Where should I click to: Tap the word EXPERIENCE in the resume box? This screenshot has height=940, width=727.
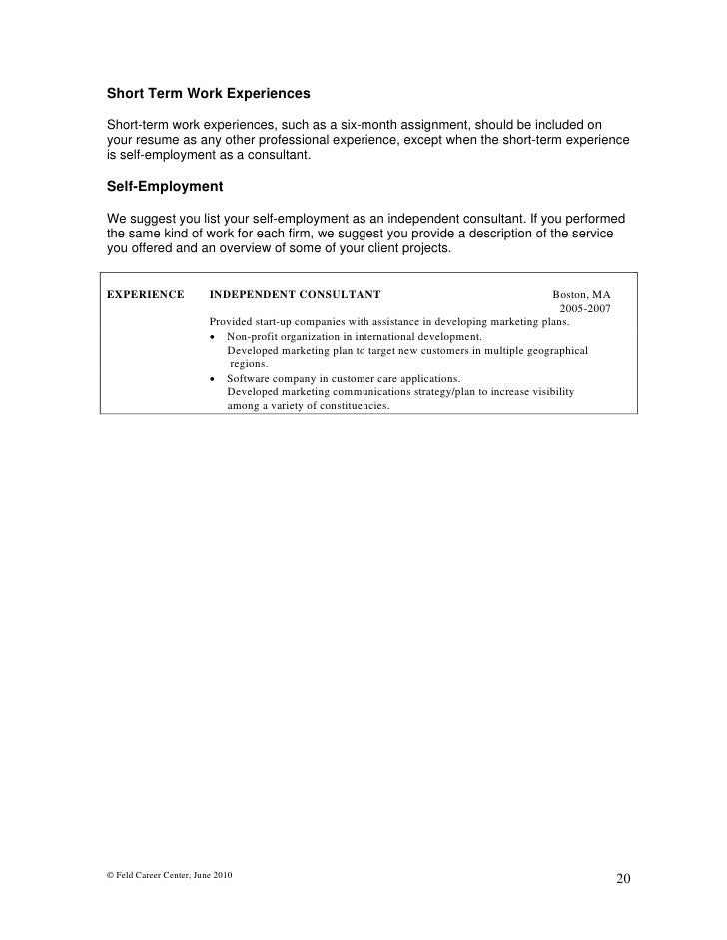pyautogui.click(x=146, y=295)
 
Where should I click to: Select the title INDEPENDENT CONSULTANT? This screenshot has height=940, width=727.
pyautogui.click(x=295, y=295)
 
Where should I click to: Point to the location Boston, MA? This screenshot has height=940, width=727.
pyautogui.click(x=581, y=295)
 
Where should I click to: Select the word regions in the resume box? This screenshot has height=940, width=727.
pyautogui.click(x=248, y=365)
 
